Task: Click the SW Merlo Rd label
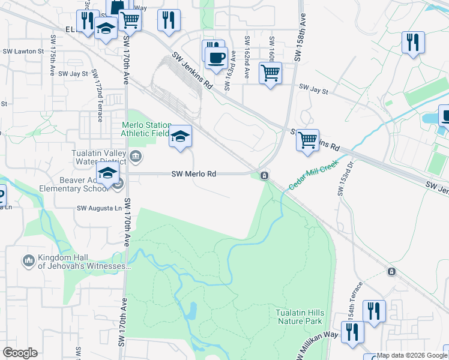(193, 174)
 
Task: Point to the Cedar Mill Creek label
(314, 175)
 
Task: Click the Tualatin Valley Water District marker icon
(136, 158)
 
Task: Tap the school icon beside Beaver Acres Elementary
(108, 174)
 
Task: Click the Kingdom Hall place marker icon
(28, 261)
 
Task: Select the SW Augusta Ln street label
(98, 208)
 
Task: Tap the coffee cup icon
(216, 58)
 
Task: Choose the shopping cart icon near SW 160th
(270, 73)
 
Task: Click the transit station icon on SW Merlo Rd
(264, 175)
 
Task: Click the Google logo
(20, 353)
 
